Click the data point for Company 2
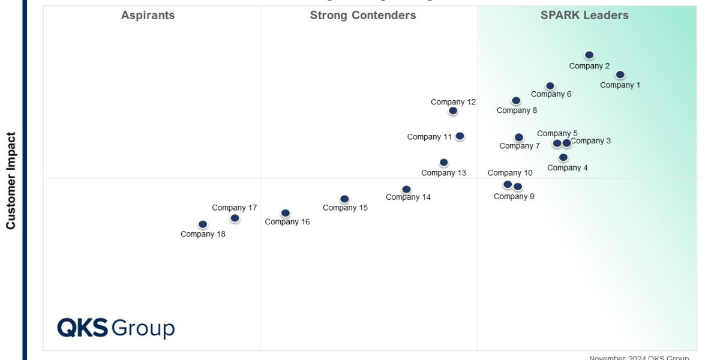coord(589,55)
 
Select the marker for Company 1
coord(620,75)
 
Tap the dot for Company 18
coord(203,224)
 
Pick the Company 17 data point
coord(235,218)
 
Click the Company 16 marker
coord(286,213)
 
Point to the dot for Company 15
coord(344,199)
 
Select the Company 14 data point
coord(406,190)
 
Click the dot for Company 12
coord(453,111)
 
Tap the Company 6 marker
coord(550,86)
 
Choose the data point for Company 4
coord(563,158)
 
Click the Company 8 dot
coord(516,101)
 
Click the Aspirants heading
coord(148,16)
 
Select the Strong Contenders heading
coord(362,16)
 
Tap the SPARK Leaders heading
coord(584,16)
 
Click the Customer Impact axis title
coord(11,181)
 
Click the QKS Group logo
coord(116,328)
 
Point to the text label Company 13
coord(443,173)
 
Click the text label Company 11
coord(429,137)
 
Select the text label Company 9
coord(514,196)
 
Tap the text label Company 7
coord(520,146)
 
